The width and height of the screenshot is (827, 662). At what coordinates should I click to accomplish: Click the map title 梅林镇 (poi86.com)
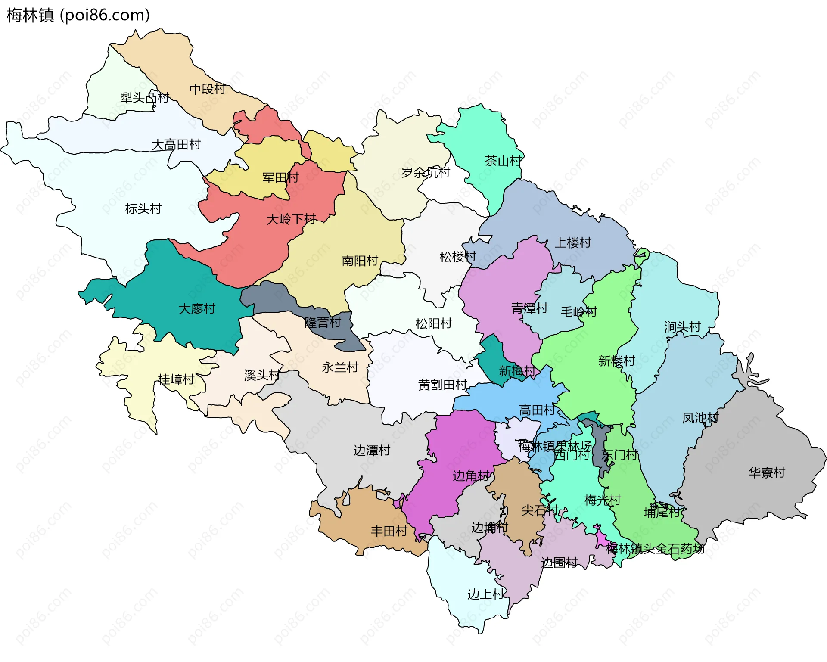[x=78, y=15]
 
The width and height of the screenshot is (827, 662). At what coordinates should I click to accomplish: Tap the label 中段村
[x=208, y=89]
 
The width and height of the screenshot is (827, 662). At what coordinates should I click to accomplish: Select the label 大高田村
[x=176, y=144]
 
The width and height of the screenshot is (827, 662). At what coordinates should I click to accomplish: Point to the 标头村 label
[x=143, y=208]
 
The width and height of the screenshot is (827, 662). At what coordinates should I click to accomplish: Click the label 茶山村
[x=503, y=161]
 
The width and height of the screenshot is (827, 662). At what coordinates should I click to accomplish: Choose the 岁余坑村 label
[x=426, y=172]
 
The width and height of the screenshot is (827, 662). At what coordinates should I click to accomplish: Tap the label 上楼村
[x=572, y=242]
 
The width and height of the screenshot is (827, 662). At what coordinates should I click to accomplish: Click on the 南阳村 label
[x=360, y=261]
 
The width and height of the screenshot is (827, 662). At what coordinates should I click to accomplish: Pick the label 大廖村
[x=197, y=308]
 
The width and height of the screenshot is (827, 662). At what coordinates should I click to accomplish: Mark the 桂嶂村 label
[x=176, y=379]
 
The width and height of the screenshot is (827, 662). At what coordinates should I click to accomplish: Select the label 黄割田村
[x=443, y=385]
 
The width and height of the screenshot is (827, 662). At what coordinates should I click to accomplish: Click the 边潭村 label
[x=372, y=450]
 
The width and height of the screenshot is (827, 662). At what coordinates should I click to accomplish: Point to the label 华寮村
[x=767, y=472]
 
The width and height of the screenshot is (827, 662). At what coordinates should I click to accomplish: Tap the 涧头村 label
[x=682, y=327]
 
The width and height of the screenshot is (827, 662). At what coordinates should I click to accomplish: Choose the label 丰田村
[x=389, y=531]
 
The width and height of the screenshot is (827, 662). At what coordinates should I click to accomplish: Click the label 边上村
[x=486, y=594]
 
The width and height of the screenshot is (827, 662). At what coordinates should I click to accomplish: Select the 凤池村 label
[x=700, y=417]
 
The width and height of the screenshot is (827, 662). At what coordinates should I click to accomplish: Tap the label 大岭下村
[x=291, y=219]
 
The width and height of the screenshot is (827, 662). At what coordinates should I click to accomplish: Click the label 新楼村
[x=617, y=361]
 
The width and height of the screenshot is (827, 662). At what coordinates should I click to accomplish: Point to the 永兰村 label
[x=340, y=367]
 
